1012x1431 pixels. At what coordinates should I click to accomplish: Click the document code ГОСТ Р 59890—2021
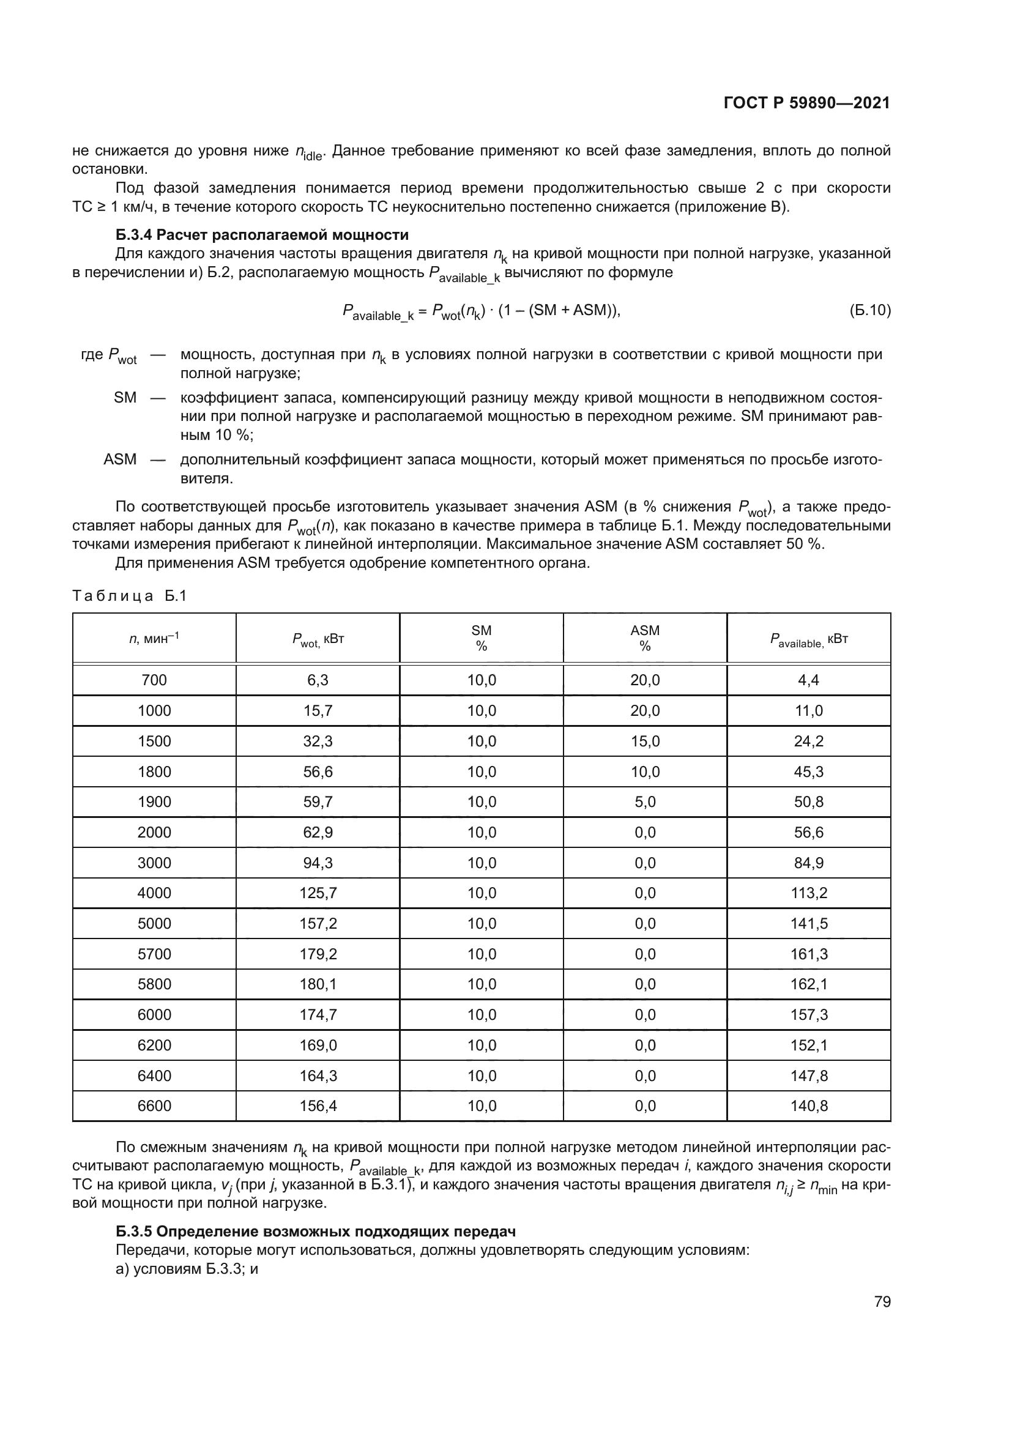tap(806, 103)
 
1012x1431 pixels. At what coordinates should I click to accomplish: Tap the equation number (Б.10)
tap(870, 310)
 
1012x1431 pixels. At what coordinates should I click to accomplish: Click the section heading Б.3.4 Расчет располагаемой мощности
tap(262, 235)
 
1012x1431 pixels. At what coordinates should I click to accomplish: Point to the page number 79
tap(882, 1301)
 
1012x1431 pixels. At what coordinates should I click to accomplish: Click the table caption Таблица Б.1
tap(130, 596)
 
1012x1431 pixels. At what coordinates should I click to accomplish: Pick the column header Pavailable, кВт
tap(808, 639)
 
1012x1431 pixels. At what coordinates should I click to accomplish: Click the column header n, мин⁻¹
tap(154, 638)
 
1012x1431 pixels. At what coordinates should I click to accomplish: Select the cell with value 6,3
tap(318, 680)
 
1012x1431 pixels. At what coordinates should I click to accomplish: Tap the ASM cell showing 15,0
tap(645, 741)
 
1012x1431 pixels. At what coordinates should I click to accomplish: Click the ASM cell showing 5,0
tap(645, 801)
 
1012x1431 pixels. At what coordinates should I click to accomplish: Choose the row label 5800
tap(154, 984)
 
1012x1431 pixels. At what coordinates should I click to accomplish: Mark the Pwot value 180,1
tap(318, 984)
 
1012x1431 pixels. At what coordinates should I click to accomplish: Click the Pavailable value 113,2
tap(808, 893)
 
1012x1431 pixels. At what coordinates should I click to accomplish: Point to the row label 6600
tap(154, 1106)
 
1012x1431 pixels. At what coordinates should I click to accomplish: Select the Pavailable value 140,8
tap(808, 1106)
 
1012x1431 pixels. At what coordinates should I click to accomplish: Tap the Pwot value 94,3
tap(318, 863)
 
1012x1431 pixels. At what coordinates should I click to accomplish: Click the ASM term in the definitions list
tap(120, 459)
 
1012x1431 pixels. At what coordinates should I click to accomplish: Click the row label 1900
tap(154, 801)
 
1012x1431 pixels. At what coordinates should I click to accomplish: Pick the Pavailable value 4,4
tap(808, 680)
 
